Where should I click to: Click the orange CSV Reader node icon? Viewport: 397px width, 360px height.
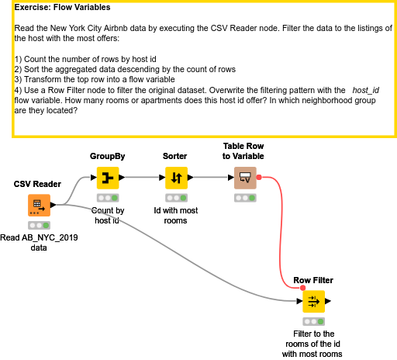pos(39,205)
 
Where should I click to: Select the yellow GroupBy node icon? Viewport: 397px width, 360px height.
pos(108,178)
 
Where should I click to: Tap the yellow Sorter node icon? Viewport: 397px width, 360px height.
pos(176,178)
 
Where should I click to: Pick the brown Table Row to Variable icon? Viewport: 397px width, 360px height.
pos(245,178)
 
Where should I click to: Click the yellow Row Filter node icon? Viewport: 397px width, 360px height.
pos(314,301)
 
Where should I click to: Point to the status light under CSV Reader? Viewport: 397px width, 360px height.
pos(39,225)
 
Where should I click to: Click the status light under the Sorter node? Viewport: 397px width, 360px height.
pos(176,198)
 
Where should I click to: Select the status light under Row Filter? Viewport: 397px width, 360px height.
pos(314,321)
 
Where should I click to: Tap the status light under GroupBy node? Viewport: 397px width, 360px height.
pos(108,198)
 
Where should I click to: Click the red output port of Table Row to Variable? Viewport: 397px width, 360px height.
pos(259,177)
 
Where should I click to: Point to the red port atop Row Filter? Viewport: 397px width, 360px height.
pos(303,288)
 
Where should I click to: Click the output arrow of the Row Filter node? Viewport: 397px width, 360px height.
pos(328,301)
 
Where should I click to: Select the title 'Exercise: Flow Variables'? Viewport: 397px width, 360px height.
pos(62,7)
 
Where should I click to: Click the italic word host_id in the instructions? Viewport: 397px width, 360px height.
pos(366,90)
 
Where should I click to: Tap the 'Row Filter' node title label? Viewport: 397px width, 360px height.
pos(313,280)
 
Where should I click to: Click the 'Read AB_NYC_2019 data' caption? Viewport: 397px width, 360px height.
pos(39,243)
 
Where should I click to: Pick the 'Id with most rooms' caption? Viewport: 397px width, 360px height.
pos(176,216)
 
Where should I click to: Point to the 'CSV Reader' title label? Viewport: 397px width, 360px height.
pos(37,184)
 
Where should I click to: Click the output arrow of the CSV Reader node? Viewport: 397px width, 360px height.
pos(53,205)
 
